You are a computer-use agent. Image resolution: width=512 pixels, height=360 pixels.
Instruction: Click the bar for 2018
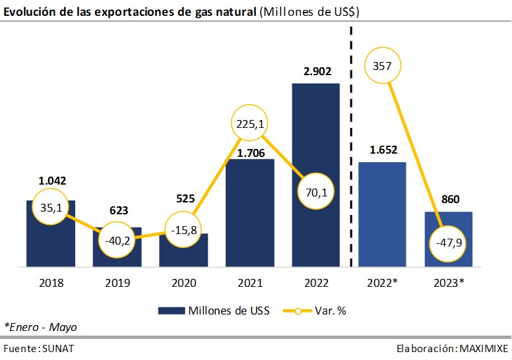click(51, 244)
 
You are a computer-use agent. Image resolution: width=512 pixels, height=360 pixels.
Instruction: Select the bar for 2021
click(250, 218)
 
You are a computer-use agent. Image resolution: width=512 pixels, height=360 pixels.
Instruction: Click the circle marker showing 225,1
click(250, 121)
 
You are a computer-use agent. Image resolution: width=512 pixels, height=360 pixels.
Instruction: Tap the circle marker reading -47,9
click(449, 243)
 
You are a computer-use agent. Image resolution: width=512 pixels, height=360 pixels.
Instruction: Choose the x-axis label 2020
click(183, 284)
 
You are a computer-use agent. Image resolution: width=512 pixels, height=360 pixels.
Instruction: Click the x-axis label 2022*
click(383, 284)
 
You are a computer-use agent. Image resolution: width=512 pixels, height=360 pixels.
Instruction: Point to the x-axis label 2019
click(117, 284)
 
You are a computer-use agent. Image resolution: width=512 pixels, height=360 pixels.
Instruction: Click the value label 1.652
click(383, 150)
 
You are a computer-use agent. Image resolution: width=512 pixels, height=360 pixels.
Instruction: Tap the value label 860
click(449, 199)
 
